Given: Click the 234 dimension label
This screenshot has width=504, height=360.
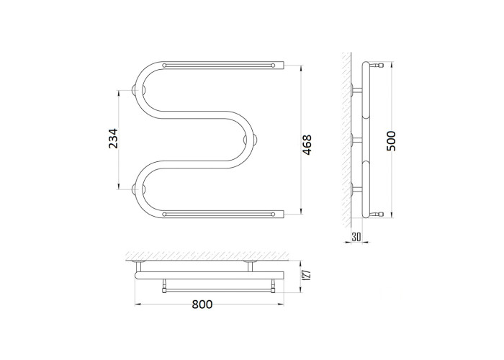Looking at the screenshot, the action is (113, 138).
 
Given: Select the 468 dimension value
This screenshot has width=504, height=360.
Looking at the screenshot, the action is (307, 145).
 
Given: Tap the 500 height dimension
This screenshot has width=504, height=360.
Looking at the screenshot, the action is (391, 141).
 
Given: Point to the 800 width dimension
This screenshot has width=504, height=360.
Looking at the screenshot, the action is (202, 304).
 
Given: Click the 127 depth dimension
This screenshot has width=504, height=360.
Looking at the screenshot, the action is (307, 276).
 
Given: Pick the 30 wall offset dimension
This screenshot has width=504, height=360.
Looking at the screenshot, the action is (356, 237).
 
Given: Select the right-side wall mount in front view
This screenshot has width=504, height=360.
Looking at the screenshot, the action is (250, 140).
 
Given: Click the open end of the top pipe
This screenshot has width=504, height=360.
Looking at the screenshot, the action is (284, 66).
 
